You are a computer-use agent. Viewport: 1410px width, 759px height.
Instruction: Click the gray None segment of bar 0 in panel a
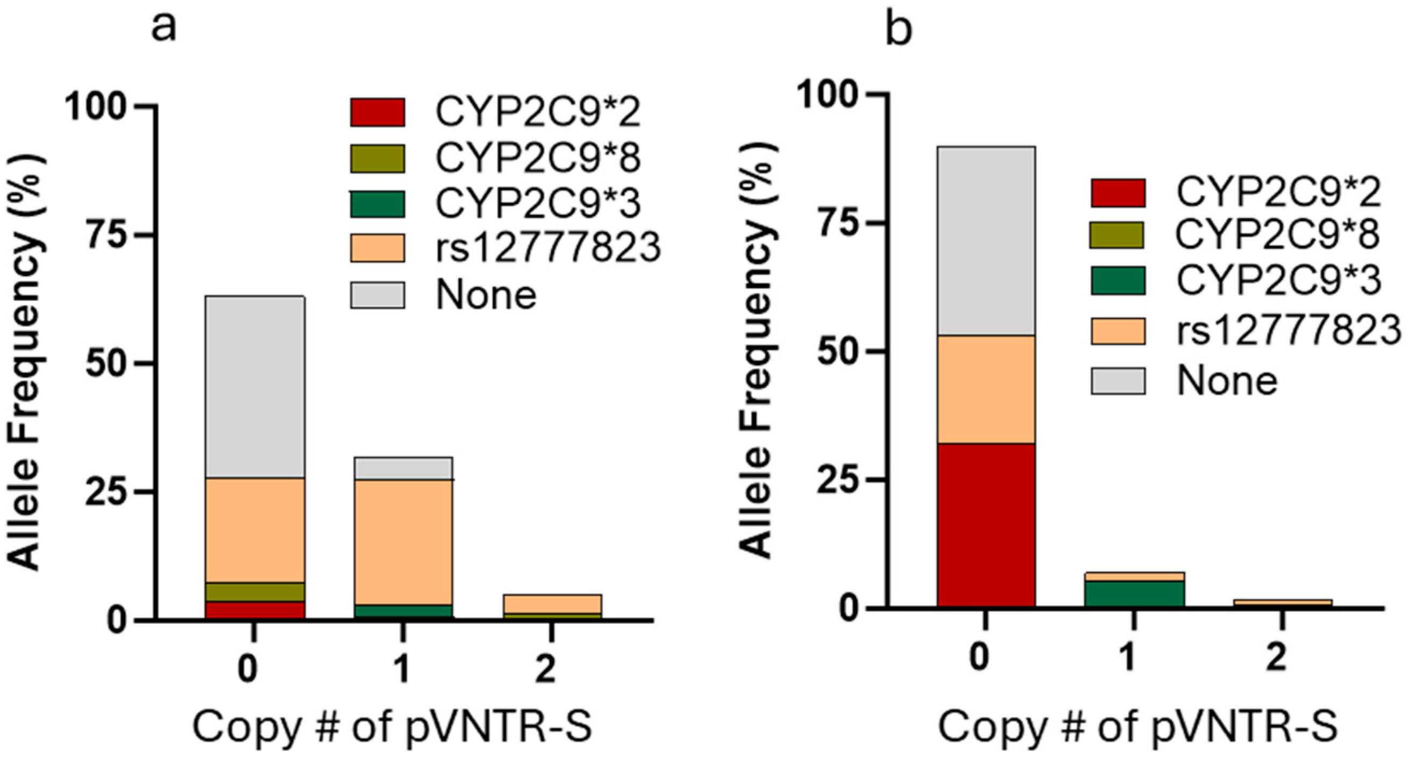[255, 387]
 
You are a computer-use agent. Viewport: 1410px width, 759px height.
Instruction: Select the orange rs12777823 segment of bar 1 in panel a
[403, 542]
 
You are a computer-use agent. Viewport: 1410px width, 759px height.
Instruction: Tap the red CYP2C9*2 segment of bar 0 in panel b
[985, 525]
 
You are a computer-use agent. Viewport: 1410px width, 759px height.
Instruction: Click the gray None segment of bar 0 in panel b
[985, 241]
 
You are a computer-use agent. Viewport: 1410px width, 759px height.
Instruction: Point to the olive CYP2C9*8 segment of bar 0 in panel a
[255, 592]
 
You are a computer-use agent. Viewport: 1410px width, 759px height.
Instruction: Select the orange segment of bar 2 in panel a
[552, 604]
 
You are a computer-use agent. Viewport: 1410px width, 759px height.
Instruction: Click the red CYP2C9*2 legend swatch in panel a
[378, 112]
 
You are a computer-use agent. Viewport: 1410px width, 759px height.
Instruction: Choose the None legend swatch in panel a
[378, 295]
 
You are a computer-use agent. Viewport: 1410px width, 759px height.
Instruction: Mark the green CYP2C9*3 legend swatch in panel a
[378, 204]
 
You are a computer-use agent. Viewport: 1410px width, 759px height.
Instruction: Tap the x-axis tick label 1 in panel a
[402, 669]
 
